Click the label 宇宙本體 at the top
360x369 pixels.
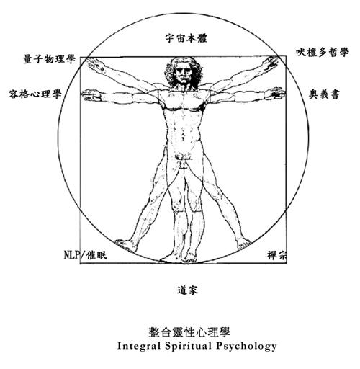tap(186, 38)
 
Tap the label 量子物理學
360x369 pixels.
tap(50, 59)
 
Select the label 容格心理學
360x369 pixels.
tap(35, 94)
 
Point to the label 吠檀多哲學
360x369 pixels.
tap(322, 52)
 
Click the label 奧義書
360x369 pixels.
tap(324, 94)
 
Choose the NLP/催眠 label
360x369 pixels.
tap(85, 254)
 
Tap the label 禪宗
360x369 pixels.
tap(276, 255)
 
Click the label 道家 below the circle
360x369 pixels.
tap(187, 290)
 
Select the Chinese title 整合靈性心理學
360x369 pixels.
tap(189, 332)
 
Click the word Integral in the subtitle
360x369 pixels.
tap(139, 347)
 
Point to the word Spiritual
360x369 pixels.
tap(189, 347)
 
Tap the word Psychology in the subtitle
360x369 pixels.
tap(246, 347)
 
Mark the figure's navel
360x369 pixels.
tap(183, 133)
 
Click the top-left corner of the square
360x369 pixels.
tap(80, 57)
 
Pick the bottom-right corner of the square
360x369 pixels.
tap(286, 264)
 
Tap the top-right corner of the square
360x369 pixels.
tap(286, 56)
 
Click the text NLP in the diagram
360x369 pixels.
tap(71, 254)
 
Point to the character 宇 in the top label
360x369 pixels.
tap(170, 38)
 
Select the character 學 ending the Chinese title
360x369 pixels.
tap(225, 332)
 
